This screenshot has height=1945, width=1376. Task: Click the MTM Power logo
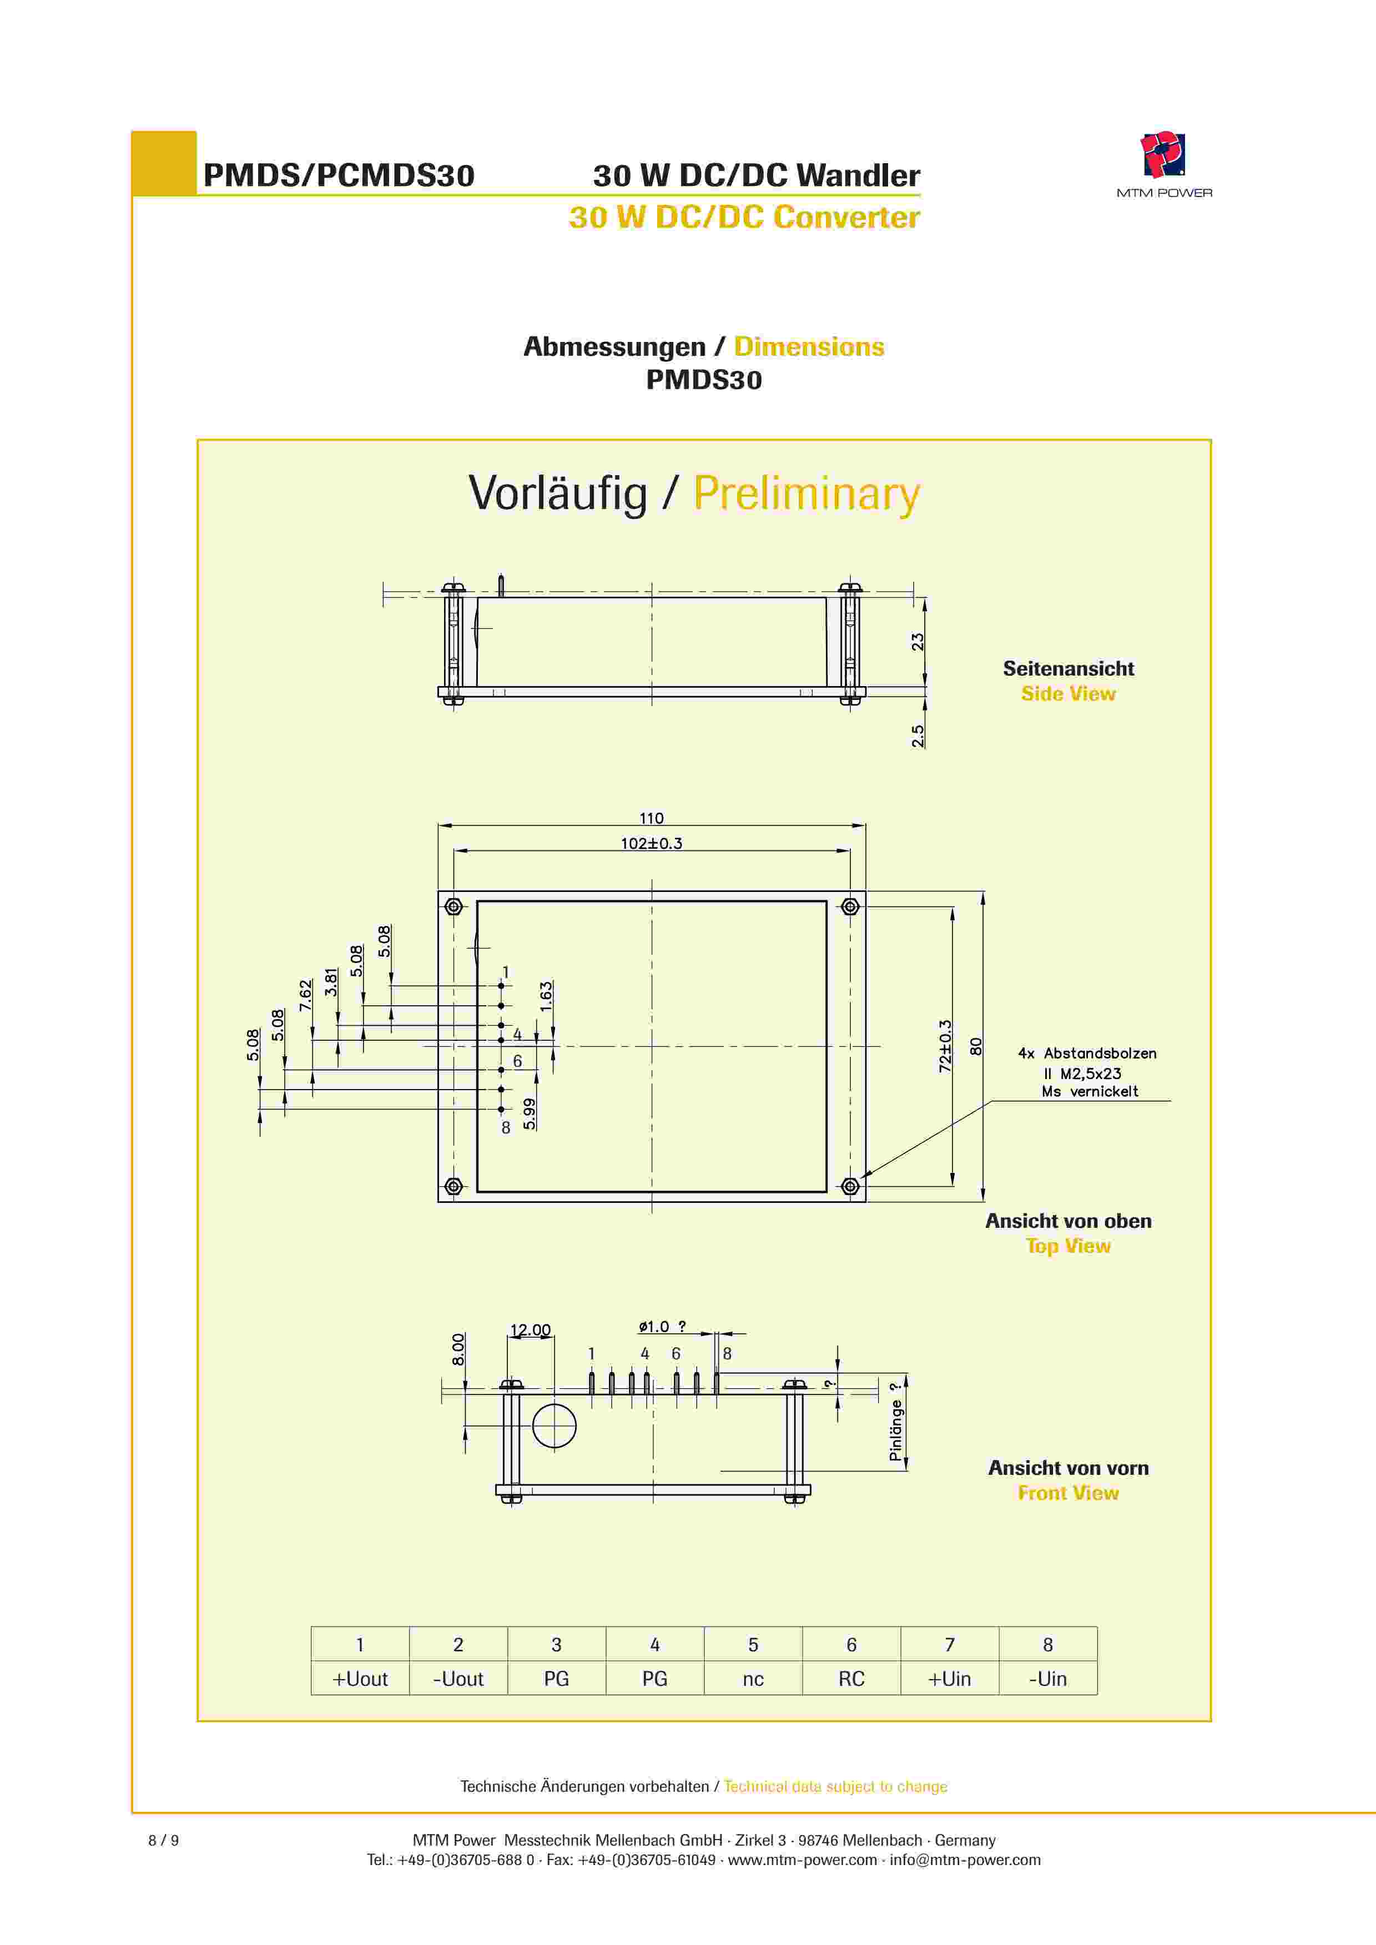coord(1163,164)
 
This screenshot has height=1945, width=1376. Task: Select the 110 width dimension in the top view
coord(651,818)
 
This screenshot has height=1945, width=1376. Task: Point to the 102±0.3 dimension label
coord(651,844)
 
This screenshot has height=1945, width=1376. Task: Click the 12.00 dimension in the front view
coord(531,1330)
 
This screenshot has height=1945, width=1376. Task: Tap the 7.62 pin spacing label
coord(305,995)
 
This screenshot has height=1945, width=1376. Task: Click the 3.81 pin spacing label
coord(331,982)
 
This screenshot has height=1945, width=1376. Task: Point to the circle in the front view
coord(554,1425)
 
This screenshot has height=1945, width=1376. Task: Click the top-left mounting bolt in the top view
coord(453,907)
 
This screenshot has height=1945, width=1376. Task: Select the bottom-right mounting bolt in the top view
coord(850,1187)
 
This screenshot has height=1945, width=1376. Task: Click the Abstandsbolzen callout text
coord(1088,1072)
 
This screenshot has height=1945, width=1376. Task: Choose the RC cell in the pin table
coord(851,1679)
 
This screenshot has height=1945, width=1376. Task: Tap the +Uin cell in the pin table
coord(950,1679)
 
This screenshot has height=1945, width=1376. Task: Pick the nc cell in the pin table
coord(753,1679)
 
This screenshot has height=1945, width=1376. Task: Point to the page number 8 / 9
coord(164,1840)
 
